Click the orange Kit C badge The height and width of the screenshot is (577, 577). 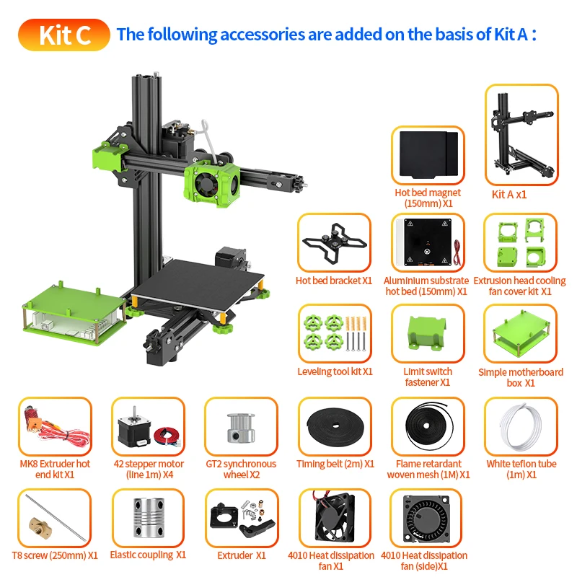point(64,35)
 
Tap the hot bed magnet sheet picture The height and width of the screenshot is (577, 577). point(428,156)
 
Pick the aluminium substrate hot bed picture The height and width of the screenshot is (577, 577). point(428,242)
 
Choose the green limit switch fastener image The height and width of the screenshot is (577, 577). point(428,335)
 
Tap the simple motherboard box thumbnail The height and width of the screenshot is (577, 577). point(521,332)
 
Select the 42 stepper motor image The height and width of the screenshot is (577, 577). point(148,427)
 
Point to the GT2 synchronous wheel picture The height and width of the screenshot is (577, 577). point(240,427)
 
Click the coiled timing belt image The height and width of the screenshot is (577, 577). point(334,427)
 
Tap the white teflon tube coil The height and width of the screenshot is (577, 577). point(521,427)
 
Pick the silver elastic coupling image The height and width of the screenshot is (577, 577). point(148,518)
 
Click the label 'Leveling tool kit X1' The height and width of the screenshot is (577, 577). point(335,371)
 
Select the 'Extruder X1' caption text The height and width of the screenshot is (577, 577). point(242,555)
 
